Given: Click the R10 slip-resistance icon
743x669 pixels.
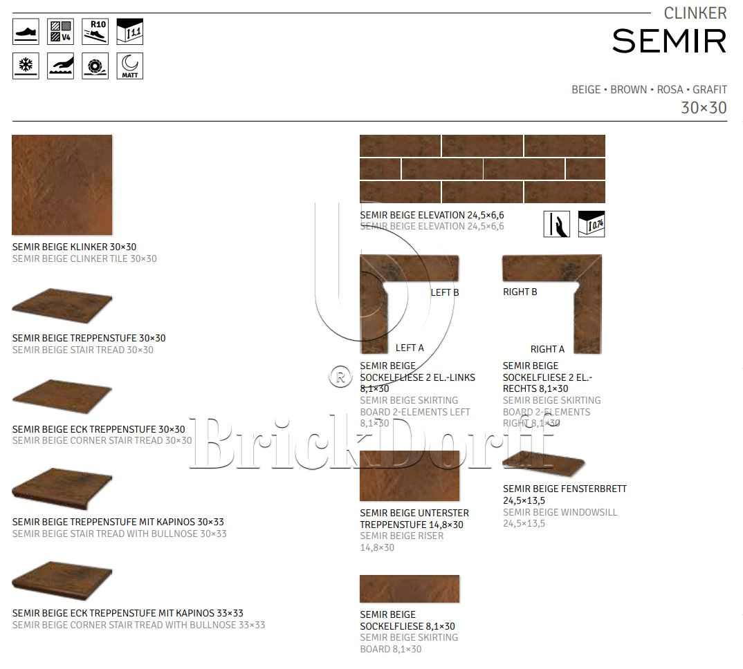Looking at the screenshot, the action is (95, 32).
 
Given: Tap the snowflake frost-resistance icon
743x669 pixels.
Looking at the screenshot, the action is (26, 66).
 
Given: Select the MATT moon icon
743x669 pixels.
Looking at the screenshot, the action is (130, 66).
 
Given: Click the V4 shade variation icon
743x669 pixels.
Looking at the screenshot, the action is (60, 32).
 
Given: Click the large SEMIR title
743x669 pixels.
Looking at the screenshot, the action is (669, 41).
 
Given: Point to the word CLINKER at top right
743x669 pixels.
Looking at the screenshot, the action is (695, 13).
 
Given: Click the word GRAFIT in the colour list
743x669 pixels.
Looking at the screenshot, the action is (710, 89).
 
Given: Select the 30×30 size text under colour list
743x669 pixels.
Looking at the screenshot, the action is (704, 108).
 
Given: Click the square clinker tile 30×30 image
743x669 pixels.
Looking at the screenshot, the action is (62, 185).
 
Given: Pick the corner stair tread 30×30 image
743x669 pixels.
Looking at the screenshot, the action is (62, 397).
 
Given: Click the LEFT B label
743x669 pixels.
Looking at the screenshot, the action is (444, 292).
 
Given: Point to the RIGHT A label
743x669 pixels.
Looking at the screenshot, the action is (547, 350).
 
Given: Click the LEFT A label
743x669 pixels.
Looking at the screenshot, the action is (410, 348).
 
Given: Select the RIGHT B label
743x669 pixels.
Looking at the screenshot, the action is (520, 292).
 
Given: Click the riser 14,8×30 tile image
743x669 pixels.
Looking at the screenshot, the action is (410, 475).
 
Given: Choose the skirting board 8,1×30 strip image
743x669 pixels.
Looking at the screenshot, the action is (410, 589).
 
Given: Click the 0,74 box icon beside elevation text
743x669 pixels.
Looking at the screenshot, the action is (591, 224).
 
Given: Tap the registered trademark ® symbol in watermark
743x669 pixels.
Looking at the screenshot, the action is (340, 377).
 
